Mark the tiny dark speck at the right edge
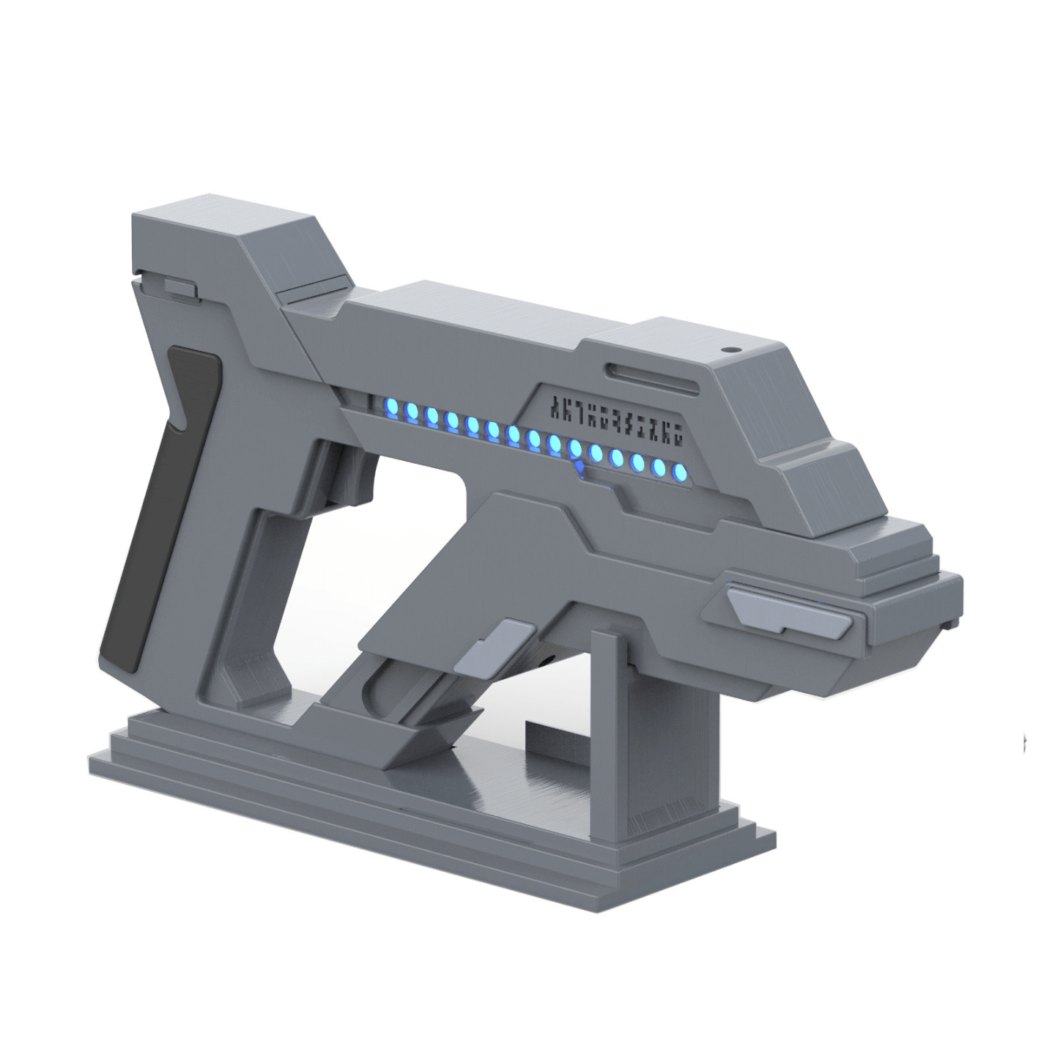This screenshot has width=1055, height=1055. (1024, 743)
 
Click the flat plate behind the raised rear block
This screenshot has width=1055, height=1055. (308, 297)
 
